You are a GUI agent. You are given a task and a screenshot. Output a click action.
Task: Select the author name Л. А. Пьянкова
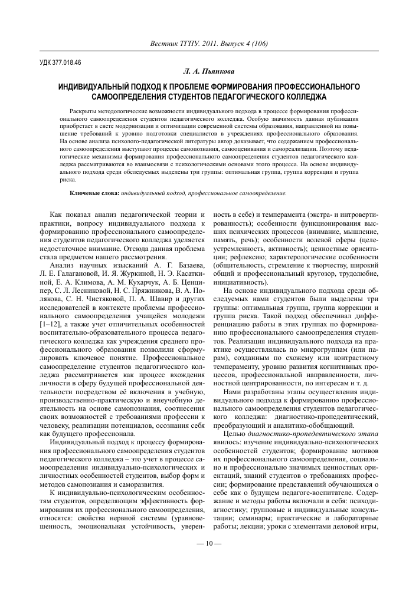[209, 71]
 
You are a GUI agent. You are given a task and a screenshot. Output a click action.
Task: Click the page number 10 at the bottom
[209, 560]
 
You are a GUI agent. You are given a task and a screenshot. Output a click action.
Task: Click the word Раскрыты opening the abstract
[83, 110]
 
